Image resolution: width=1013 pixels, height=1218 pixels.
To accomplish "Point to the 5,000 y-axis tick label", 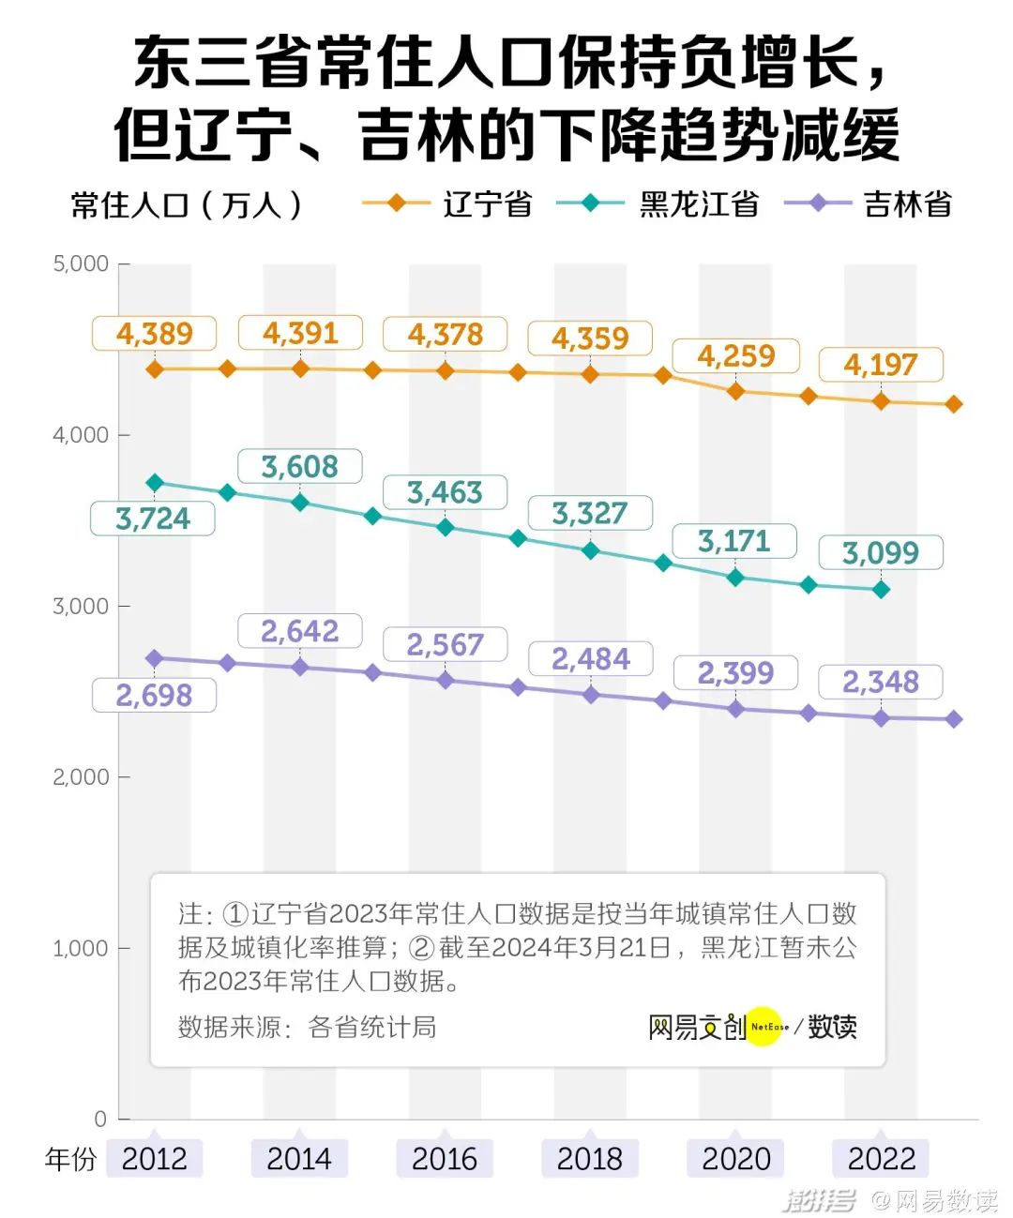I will point(81,263).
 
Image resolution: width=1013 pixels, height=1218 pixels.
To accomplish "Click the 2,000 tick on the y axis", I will point(81,777).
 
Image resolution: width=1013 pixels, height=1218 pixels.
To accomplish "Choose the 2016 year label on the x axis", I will point(445,1159).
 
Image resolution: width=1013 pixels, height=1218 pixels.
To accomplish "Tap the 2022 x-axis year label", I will point(881,1159).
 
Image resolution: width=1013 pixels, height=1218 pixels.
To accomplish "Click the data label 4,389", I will point(155,334).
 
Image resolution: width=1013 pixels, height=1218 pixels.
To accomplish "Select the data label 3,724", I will point(153,519).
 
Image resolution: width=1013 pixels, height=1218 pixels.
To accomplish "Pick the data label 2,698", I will point(154,696).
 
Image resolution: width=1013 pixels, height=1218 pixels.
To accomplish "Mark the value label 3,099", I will point(881,553).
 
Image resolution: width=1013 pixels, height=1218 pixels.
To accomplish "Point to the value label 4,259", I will point(736,356).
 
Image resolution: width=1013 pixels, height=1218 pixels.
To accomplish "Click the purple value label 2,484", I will point(591,659).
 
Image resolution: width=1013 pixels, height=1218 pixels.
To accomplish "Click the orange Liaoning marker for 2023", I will point(954,404).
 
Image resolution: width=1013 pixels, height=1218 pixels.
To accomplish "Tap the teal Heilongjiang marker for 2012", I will point(155,483).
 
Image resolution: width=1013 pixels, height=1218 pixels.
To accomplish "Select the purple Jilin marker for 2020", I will point(736,709).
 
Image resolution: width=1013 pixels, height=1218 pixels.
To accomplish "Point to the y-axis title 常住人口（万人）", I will point(188,204).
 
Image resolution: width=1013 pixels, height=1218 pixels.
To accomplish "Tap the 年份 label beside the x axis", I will point(70,1160).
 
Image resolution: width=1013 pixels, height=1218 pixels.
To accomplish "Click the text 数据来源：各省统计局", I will point(308,1027).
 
